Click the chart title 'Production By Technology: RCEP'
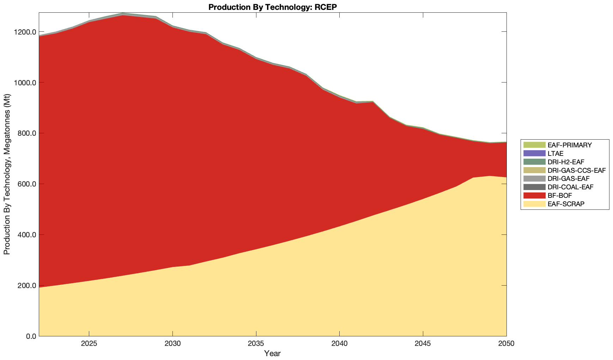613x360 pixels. point(273,7)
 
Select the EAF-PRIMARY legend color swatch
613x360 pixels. point(534,145)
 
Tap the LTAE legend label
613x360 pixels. point(556,153)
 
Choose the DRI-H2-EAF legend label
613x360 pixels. point(566,162)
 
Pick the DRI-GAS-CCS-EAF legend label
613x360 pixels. point(576,170)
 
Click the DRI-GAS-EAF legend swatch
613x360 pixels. point(534,179)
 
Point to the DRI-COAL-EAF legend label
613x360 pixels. point(570,187)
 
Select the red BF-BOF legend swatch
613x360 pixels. point(534,195)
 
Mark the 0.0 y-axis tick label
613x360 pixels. point(30,336)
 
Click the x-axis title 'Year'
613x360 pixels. point(273,353)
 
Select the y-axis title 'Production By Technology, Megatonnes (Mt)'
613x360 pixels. point(7,174)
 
